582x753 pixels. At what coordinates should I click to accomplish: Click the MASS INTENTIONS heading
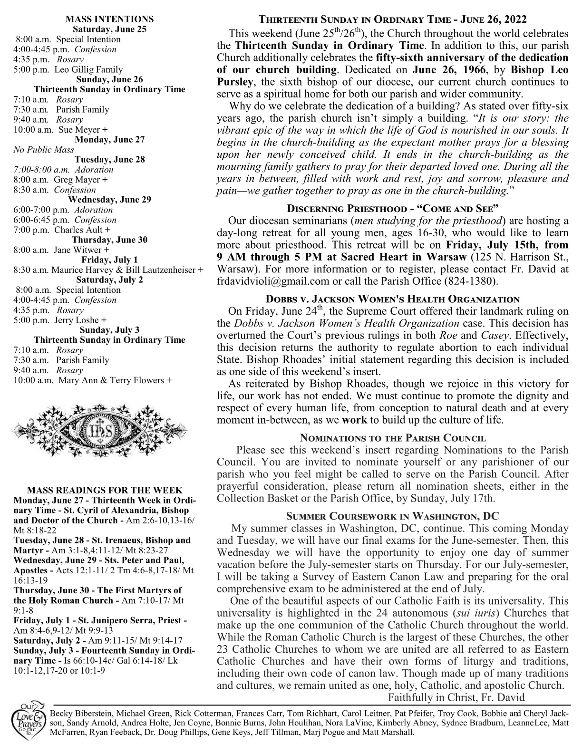[109, 19]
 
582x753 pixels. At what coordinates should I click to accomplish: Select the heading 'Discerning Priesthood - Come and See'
[393, 209]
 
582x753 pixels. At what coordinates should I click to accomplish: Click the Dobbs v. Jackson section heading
[393, 299]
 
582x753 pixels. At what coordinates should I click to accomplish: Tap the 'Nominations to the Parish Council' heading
[393, 437]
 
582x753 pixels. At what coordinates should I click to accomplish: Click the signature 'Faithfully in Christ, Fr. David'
[456, 698]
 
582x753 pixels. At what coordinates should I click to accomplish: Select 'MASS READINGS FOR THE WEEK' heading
[105, 490]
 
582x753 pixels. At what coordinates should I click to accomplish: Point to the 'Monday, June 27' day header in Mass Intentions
[109, 140]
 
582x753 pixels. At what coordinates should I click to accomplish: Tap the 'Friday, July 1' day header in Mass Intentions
[109, 260]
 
